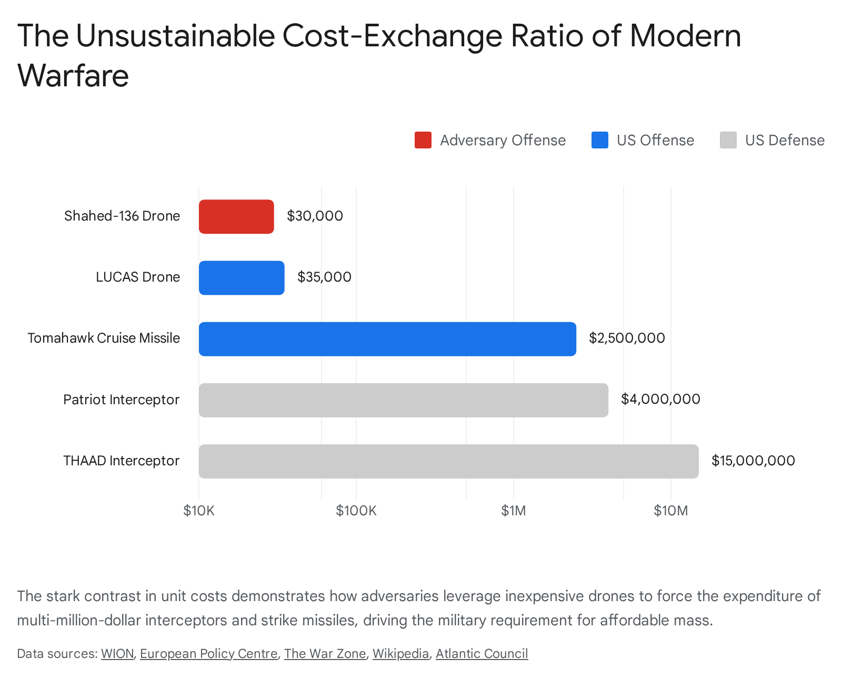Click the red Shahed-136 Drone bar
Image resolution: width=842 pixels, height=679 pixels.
(236, 216)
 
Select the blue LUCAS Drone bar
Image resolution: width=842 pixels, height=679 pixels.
(242, 277)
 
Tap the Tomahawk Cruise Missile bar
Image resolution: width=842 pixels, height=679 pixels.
(387, 338)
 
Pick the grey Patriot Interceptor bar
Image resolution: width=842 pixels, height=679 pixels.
(403, 400)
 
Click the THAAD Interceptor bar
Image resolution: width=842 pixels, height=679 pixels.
(448, 461)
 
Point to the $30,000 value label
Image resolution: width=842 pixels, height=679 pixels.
(315, 216)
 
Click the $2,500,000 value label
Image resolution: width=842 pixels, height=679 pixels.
(627, 338)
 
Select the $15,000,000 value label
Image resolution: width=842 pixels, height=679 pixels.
(753, 461)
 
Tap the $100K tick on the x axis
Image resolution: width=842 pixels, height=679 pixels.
(356, 511)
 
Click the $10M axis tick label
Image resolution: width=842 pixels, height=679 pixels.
(670, 511)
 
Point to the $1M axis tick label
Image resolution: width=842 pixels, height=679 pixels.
(513, 511)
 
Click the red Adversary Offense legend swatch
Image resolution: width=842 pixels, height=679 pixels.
(423, 140)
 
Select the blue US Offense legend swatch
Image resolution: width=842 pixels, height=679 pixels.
(600, 140)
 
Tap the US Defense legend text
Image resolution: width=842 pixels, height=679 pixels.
(785, 140)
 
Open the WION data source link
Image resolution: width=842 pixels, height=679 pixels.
(117, 654)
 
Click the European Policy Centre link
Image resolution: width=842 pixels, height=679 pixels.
(208, 654)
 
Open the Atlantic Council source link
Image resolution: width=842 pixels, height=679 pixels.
(482, 654)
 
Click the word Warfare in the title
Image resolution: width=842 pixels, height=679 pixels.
(73, 75)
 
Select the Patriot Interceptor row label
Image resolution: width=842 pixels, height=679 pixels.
(121, 400)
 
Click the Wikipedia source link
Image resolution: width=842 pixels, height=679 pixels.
(400, 654)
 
